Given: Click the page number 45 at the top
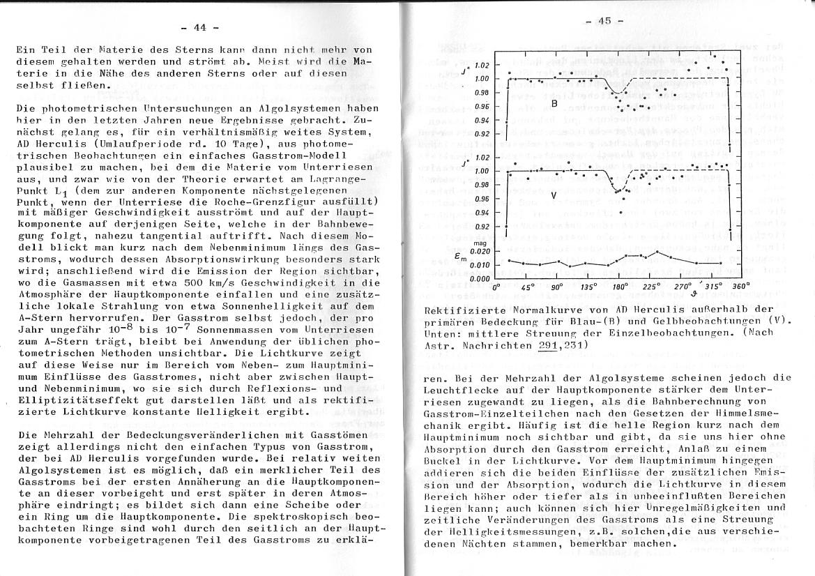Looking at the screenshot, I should coord(604,20).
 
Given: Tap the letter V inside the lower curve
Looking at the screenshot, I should coord(554,195).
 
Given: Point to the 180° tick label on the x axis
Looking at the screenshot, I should coord(620,287).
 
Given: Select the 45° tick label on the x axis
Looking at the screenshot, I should coord(528,287).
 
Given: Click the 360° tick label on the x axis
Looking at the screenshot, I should coord(740,286).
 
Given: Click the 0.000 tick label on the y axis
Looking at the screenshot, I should coord(480,278).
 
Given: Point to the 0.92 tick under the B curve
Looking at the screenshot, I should coord(482,134).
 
